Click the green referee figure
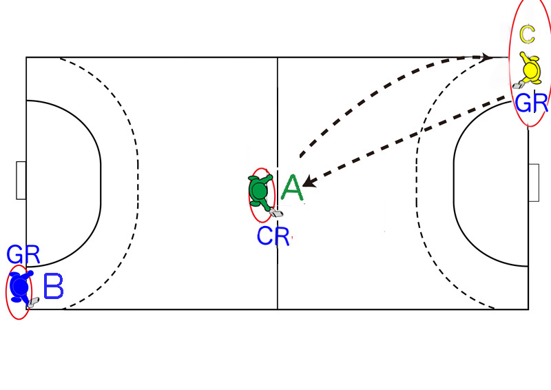tap(261, 192)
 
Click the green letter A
tap(292, 188)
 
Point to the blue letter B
tap(54, 286)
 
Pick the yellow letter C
tap(527, 34)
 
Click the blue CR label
tap(273, 236)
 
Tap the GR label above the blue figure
tap(23, 255)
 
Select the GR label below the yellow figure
tap(531, 103)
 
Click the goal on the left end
tap(21, 181)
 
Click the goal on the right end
tap(533, 183)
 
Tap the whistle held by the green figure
tap(276, 213)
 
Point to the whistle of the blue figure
tap(33, 302)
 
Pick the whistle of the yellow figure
tap(517, 85)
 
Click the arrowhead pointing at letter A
tap(309, 181)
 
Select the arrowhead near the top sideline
tap(486, 57)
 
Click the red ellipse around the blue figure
tap(19, 292)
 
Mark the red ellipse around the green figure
tap(262, 195)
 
